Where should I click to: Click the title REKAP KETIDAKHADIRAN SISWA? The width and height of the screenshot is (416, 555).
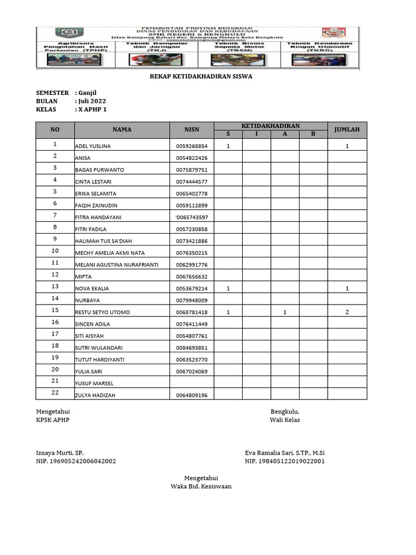(x=200, y=76)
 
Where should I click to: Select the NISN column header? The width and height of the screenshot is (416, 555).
(x=192, y=130)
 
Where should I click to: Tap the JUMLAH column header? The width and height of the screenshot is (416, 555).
(x=347, y=130)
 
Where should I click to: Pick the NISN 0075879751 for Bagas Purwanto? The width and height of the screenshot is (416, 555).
(x=192, y=170)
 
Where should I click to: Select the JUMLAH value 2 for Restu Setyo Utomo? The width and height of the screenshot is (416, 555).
(x=347, y=312)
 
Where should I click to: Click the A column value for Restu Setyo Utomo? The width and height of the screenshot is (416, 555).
(x=284, y=312)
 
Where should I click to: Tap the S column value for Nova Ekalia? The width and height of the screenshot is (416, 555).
(x=228, y=288)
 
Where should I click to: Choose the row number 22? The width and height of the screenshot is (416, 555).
(x=55, y=392)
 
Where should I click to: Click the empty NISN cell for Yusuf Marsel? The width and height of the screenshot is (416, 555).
(x=192, y=383)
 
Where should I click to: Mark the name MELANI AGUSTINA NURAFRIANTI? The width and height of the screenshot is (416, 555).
(x=117, y=265)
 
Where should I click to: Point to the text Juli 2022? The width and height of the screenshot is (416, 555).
(x=92, y=101)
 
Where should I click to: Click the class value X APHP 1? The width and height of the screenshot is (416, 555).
(x=93, y=109)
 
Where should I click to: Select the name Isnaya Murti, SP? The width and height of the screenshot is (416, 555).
(x=60, y=453)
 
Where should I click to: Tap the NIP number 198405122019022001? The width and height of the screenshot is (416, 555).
(x=285, y=461)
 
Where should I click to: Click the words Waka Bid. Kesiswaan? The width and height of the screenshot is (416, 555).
(x=201, y=486)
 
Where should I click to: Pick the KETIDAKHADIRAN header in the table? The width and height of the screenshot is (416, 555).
(x=270, y=126)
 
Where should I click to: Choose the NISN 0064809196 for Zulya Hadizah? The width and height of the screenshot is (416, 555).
(x=192, y=396)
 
